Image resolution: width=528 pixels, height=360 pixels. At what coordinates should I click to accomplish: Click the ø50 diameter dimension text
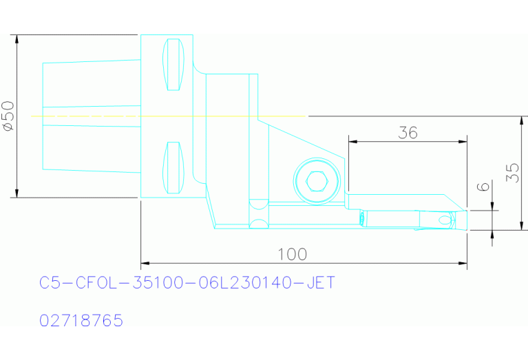click(x=8, y=116)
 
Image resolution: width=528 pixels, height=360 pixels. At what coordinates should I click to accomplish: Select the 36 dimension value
click(x=408, y=133)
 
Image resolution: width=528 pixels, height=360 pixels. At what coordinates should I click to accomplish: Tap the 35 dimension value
click(x=512, y=173)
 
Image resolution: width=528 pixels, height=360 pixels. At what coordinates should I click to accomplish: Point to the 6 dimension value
click(x=483, y=187)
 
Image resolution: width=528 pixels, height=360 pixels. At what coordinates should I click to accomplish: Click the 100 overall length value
click(x=292, y=254)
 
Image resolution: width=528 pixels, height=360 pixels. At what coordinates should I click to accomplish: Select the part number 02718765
click(x=81, y=321)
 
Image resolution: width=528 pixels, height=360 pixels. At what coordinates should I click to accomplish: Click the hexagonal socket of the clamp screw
click(x=315, y=181)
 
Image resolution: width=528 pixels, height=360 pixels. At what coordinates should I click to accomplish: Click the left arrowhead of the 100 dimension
click(x=145, y=262)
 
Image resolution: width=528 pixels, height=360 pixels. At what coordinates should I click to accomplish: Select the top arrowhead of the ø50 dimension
click(x=17, y=39)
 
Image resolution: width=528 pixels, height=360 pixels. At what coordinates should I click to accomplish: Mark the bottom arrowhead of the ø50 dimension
click(x=17, y=193)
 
